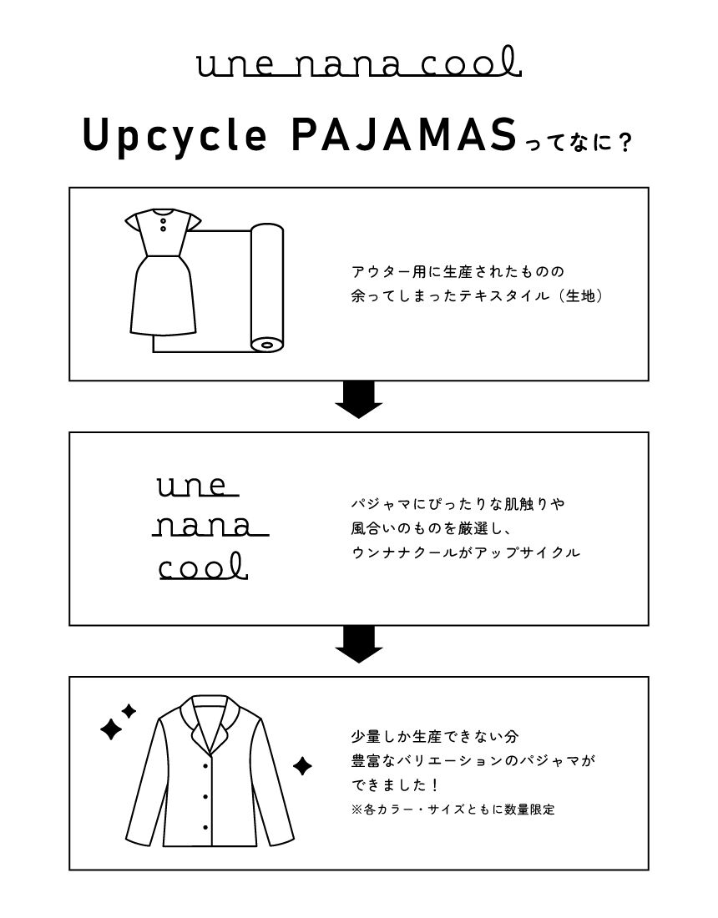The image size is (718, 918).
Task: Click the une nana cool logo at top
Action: coord(359,63)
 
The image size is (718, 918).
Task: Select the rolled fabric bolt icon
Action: coord(266,288)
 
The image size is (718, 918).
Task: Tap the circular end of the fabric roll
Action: coord(266,342)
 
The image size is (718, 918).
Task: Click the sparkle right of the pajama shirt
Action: coord(302,765)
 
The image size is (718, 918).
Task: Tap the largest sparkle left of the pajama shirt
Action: coord(110,729)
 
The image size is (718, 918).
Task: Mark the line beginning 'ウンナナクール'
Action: coord(465,552)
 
